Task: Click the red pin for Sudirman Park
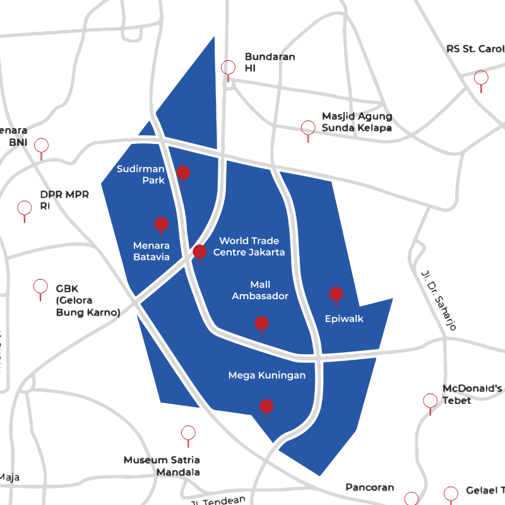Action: pyautogui.click(x=183, y=172)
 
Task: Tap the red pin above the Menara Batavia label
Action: pyautogui.click(x=162, y=224)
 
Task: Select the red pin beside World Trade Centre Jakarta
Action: pyautogui.click(x=199, y=252)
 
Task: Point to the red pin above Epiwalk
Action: pyautogui.click(x=336, y=294)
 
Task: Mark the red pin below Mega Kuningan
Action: pyautogui.click(x=266, y=407)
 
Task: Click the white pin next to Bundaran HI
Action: pyautogui.click(x=228, y=68)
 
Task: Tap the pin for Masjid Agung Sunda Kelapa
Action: pyautogui.click(x=307, y=128)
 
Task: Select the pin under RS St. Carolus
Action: pyautogui.click(x=481, y=78)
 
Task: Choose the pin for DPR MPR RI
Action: pyautogui.click(x=25, y=208)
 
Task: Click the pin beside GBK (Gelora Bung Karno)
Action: pyautogui.click(x=40, y=287)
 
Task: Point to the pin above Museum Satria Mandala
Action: pyautogui.click(x=188, y=433)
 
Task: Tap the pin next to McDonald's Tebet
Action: pyautogui.click(x=430, y=401)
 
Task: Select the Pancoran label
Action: pyautogui.click(x=370, y=487)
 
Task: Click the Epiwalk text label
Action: pyautogui.click(x=344, y=319)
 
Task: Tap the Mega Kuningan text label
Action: pyautogui.click(x=266, y=376)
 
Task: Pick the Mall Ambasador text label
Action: pyautogui.click(x=260, y=290)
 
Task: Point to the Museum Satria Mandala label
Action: pyautogui.click(x=162, y=466)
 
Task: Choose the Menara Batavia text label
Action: pyautogui.click(x=151, y=251)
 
